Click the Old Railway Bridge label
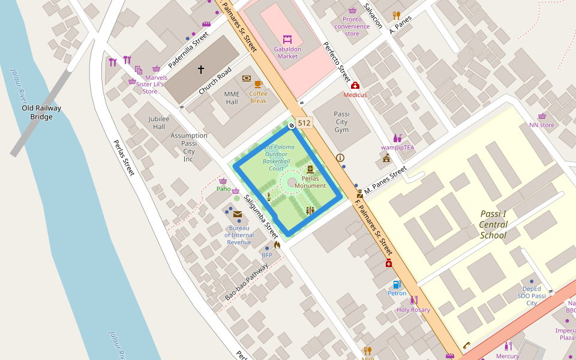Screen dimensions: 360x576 (x=41, y=112)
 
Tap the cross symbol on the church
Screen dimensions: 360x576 (x=201, y=70)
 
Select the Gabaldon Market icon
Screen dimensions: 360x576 (x=287, y=40)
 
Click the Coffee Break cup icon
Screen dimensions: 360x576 (x=258, y=84)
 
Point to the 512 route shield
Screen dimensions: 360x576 (x=304, y=123)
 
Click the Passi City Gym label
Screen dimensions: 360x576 (x=341, y=122)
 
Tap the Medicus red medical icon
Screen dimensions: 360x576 (x=355, y=85)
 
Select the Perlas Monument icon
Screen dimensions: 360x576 (x=310, y=169)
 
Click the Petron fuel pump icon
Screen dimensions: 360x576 (x=396, y=284)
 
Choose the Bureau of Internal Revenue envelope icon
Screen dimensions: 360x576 (x=238, y=214)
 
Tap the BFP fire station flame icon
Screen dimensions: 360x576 (x=277, y=245)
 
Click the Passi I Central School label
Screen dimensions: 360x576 (x=493, y=224)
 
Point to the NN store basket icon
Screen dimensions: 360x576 (x=542, y=116)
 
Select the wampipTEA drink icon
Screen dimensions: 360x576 (x=397, y=139)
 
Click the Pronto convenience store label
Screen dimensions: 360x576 (x=352, y=26)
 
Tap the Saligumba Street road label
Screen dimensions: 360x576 (x=262, y=217)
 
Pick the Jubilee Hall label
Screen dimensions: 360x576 (x=159, y=123)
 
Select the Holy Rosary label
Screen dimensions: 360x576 (x=413, y=310)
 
